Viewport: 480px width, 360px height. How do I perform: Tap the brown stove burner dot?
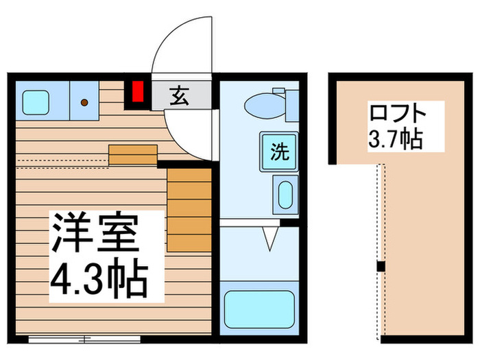click(84, 103)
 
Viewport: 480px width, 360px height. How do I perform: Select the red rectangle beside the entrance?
click(139, 92)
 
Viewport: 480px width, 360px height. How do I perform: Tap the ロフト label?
click(398, 112)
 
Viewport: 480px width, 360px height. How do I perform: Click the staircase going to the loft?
click(189, 208)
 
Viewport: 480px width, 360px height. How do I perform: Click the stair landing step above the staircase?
click(133, 155)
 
